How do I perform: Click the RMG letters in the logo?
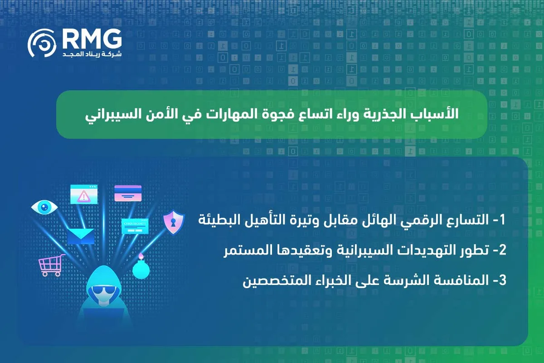click(x=92, y=39)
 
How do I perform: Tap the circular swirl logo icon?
click(x=42, y=43)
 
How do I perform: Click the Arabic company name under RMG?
click(x=92, y=54)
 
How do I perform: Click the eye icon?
click(x=44, y=207)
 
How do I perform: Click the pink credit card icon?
click(x=128, y=193)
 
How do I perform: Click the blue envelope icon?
click(x=80, y=236)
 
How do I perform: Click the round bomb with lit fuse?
click(x=141, y=267)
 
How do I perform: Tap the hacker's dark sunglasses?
click(x=104, y=290)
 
